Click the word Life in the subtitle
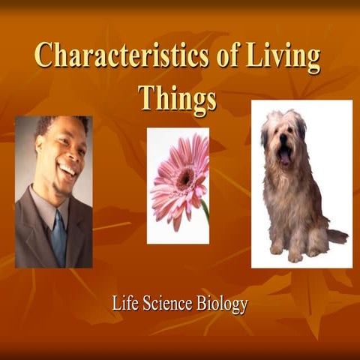(125, 304)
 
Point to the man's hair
(56, 124)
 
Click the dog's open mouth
(286, 156)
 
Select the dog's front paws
(285, 250)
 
